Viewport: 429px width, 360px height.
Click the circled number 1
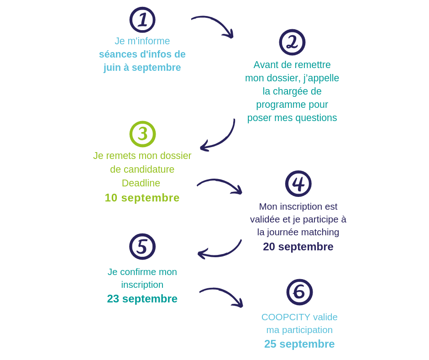click(x=142, y=20)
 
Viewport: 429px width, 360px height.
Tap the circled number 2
click(x=292, y=42)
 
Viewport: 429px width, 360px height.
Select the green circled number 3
click(x=142, y=134)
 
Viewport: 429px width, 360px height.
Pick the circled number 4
click(x=298, y=184)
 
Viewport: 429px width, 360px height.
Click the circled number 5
click(x=142, y=247)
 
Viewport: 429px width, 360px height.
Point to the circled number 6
click(x=299, y=292)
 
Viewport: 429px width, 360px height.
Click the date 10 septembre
click(x=142, y=198)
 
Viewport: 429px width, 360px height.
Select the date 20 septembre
click(x=298, y=247)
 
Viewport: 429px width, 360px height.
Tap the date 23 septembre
click(x=142, y=299)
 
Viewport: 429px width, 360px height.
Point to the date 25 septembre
click(x=299, y=344)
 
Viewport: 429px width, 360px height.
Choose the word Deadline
click(x=141, y=183)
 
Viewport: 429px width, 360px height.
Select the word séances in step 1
click(x=118, y=54)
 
